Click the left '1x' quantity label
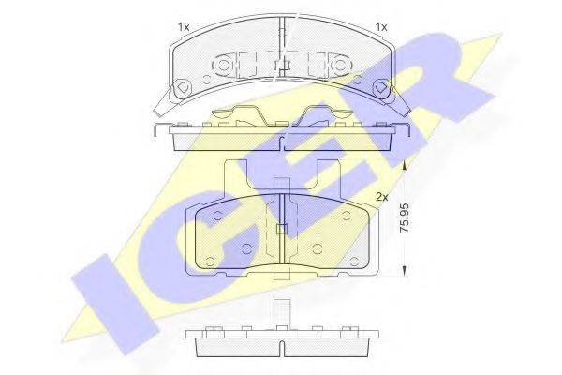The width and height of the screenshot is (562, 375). [184, 27]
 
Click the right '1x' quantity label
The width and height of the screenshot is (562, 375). [381, 27]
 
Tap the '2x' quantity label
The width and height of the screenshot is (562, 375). [382, 198]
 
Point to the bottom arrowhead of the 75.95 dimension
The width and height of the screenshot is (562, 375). [404, 273]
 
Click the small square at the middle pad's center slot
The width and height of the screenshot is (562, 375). [282, 230]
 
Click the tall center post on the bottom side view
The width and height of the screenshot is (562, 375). [282, 312]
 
